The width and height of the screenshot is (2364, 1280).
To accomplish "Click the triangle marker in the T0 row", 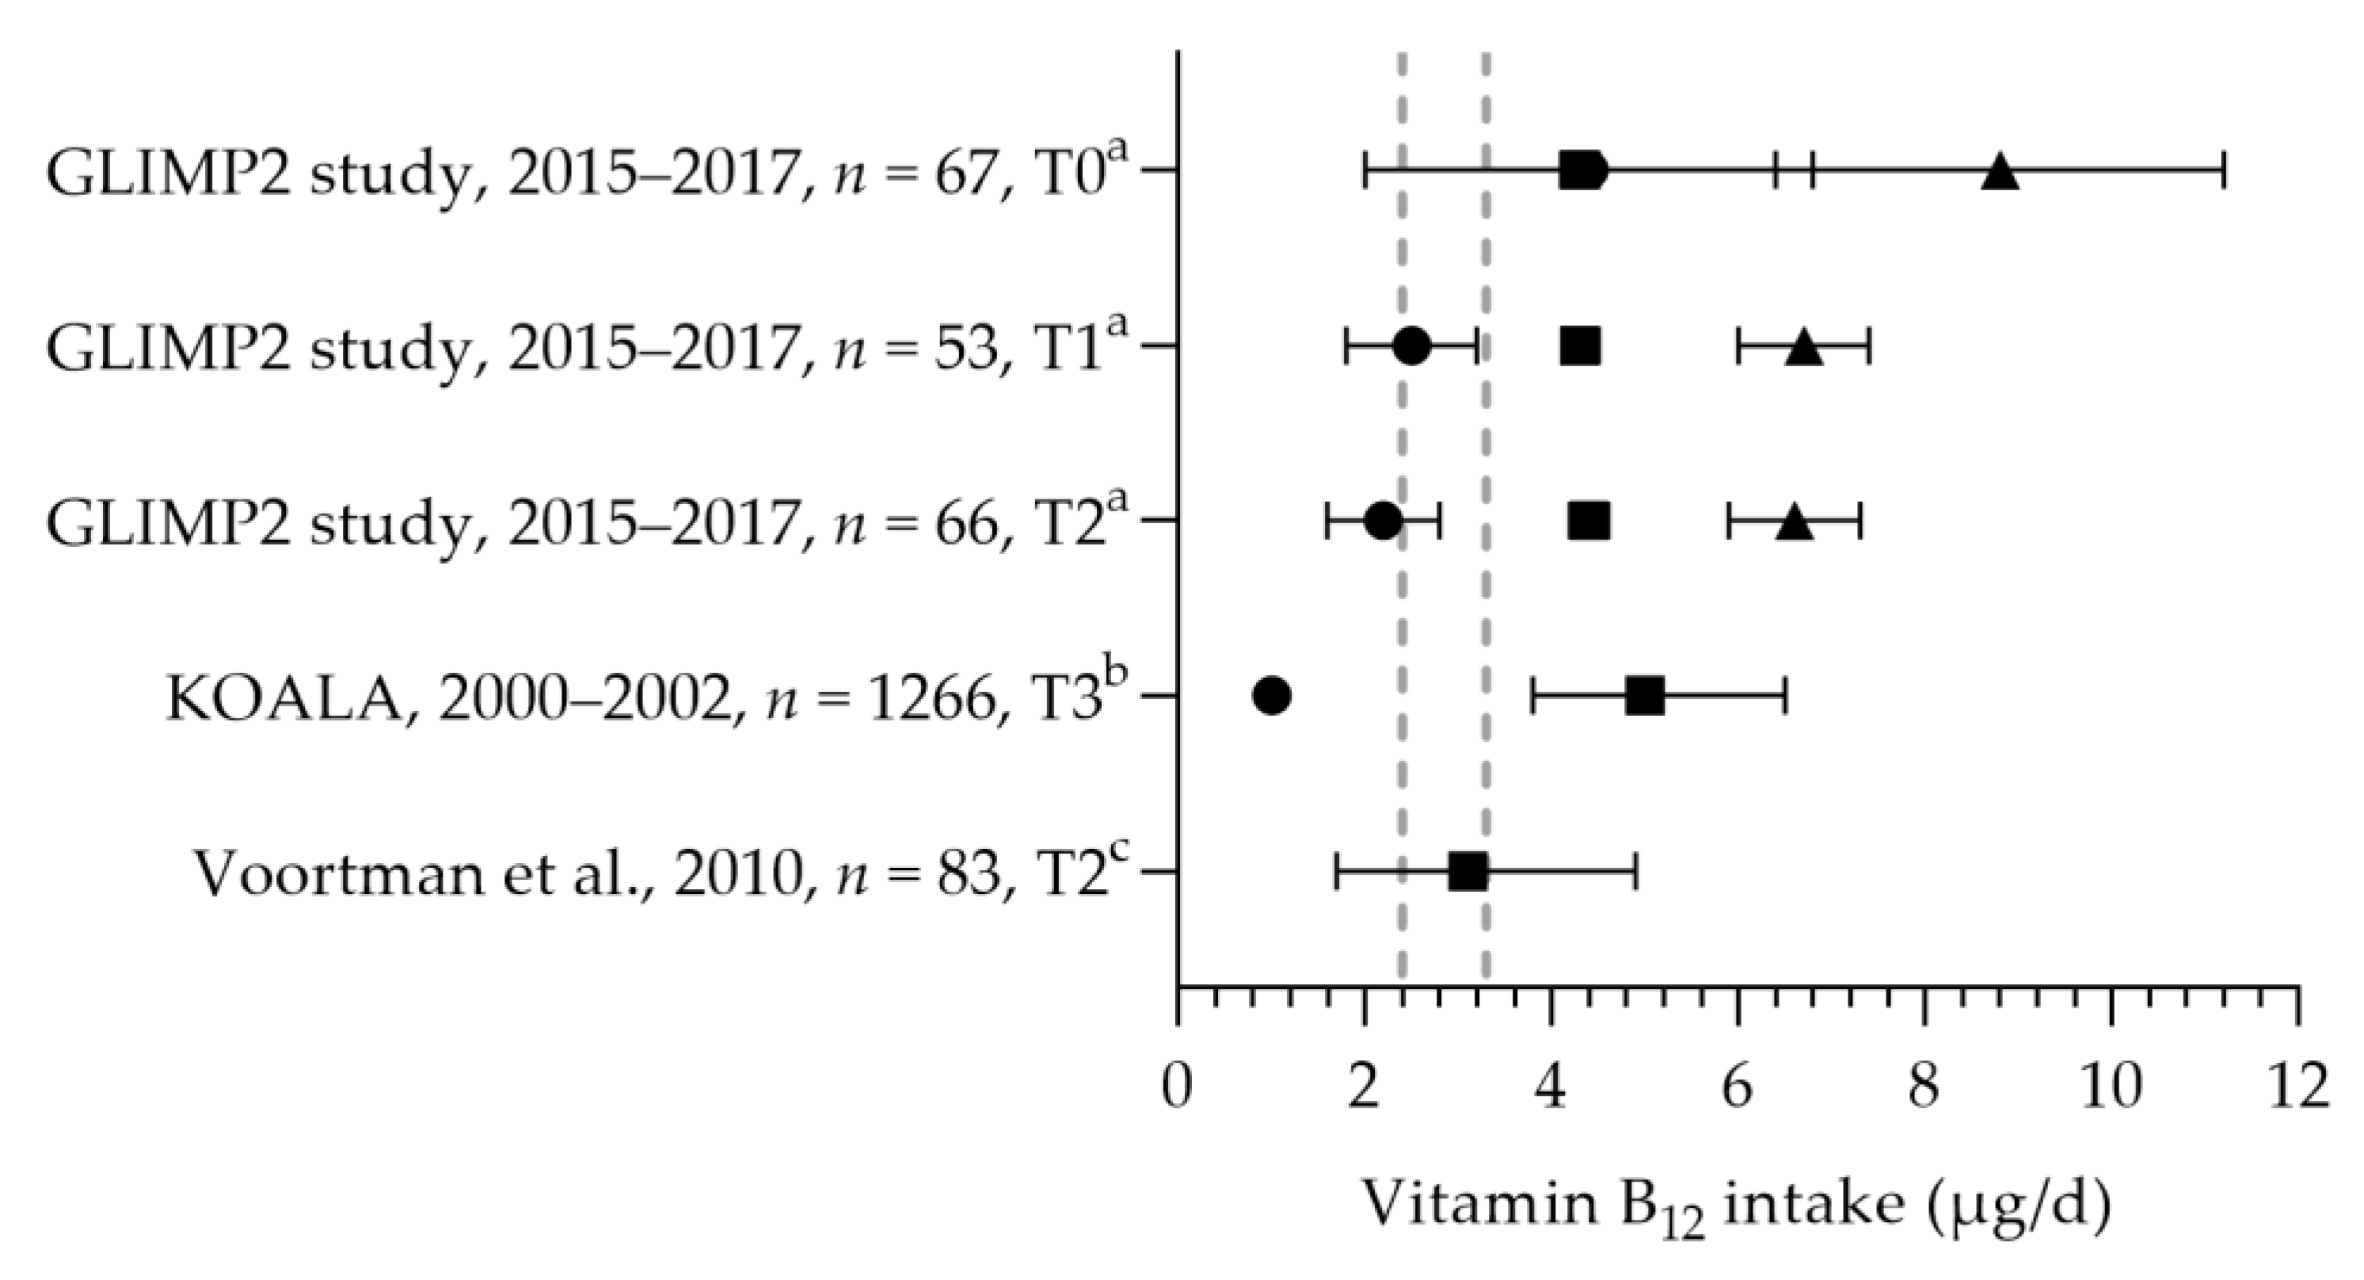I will tap(2000, 173).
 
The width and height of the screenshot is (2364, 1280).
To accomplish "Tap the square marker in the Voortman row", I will tap(1468, 870).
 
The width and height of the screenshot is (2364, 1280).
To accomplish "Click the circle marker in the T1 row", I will tap(1411, 346).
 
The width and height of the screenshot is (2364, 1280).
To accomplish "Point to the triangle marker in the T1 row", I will tap(1803, 348).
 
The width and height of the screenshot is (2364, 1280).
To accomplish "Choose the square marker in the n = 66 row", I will tap(1589, 522).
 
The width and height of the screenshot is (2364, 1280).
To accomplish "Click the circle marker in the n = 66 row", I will tap(1383, 522).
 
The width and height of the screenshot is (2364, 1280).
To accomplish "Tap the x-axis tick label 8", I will tap(1924, 1089).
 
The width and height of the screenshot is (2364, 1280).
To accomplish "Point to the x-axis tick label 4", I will tap(1551, 1089).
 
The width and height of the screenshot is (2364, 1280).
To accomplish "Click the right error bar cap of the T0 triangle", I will tap(2225, 172).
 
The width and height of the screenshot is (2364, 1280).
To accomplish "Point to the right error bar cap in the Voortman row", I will tap(1636, 870).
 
